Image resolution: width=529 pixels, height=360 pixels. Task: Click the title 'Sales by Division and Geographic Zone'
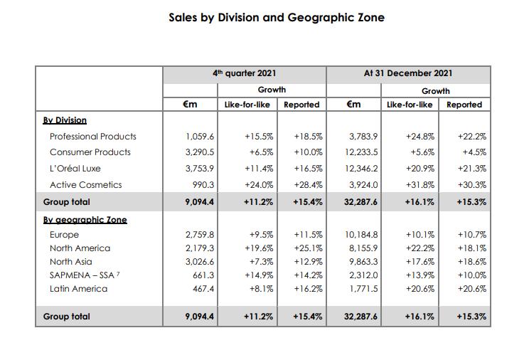coord(277,17)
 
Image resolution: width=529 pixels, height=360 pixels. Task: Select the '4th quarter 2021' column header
coord(245,73)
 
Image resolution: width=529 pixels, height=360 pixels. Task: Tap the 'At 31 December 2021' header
coord(408,73)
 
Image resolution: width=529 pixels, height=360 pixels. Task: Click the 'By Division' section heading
coord(65,120)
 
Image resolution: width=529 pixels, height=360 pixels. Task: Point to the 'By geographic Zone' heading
coord(85,220)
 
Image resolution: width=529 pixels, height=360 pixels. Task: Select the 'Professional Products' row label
coord(92,136)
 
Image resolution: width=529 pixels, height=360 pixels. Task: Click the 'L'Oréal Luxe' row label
coord(75,169)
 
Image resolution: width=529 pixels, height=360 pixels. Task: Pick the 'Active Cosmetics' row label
coord(85,185)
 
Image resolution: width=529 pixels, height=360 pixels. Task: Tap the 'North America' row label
coord(80,248)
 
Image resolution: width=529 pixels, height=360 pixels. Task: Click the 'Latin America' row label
coord(78,289)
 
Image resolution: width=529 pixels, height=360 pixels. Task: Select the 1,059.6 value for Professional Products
coord(200,136)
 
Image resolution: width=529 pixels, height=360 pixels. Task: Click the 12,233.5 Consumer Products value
coord(363,152)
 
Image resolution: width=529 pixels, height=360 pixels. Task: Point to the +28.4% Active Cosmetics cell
coord(308,185)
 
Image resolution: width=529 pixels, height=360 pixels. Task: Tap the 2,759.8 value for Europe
coord(200,235)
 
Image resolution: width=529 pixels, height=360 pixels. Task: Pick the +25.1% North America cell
coord(308,248)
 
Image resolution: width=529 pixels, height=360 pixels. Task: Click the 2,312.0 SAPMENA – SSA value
coord(364,275)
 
